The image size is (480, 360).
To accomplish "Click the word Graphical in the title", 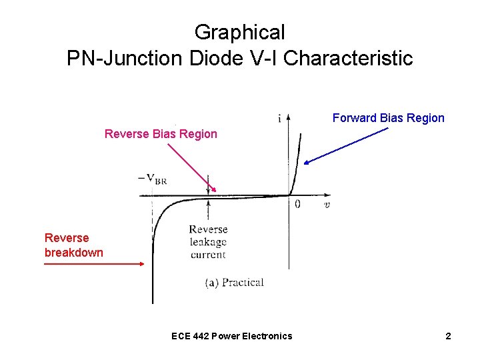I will coord(239,32).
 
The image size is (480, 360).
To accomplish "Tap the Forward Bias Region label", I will coord(388,118).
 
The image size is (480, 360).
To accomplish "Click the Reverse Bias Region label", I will coord(161,134).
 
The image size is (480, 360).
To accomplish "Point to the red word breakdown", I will coord(73,253).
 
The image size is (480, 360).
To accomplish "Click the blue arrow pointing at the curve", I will coord(346,145).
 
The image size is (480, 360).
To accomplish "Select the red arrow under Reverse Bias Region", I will coord(189,168).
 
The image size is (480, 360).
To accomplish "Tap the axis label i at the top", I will coord(279,119).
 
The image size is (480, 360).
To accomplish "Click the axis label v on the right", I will coord(327,204).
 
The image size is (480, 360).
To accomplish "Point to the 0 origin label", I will coord(297,203).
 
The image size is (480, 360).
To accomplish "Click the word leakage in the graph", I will coord(208,242).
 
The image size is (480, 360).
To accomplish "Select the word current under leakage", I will coord(208,254).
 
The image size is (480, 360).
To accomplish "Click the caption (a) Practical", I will coord(234,282).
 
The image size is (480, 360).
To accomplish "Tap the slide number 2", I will coord(448,336).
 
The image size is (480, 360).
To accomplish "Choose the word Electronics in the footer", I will coord(267,336).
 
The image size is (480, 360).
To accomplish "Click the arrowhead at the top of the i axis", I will coord(288,117).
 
